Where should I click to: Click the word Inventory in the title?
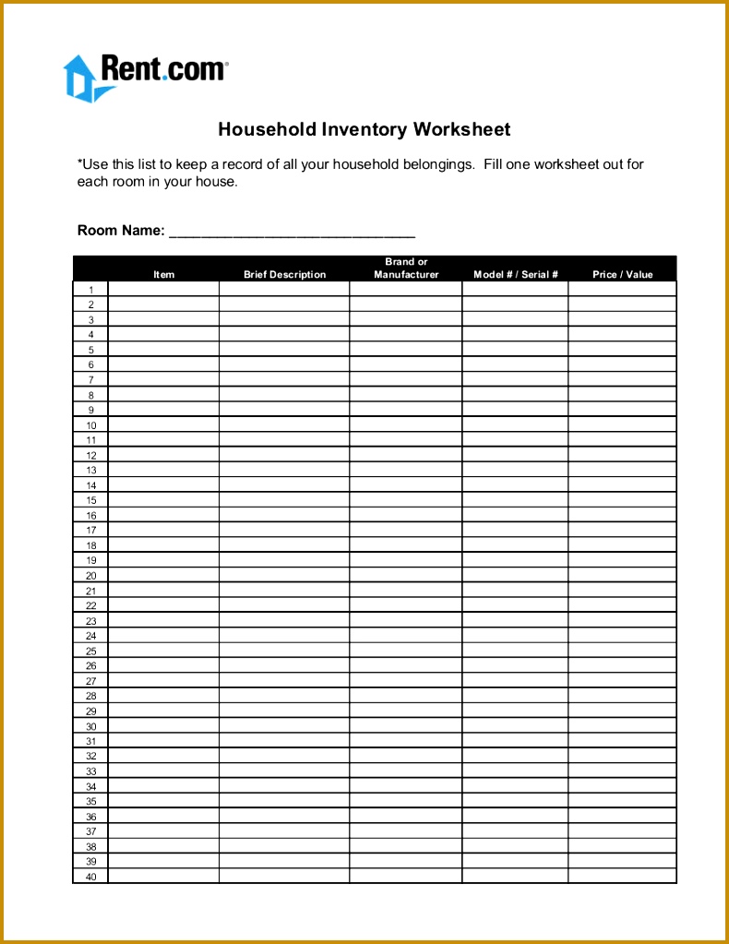(364, 129)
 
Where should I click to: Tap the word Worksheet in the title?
(461, 129)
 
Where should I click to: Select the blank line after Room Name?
(292, 232)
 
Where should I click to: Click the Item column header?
(164, 274)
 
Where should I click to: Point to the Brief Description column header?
(284, 274)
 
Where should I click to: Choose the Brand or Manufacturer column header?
(406, 269)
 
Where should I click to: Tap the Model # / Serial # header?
(516, 274)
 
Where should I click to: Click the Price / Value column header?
(622, 274)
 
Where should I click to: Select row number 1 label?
(90, 290)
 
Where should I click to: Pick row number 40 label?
(90, 877)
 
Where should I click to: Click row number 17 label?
(90, 531)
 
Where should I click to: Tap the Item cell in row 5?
(163, 350)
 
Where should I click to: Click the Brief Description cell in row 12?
(284, 455)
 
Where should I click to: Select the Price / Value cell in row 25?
(622, 651)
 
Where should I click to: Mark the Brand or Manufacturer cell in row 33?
(406, 771)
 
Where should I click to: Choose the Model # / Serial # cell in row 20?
(515, 576)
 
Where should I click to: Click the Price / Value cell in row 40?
(622, 877)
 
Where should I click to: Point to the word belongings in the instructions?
(437, 165)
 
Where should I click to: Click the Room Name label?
(121, 231)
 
